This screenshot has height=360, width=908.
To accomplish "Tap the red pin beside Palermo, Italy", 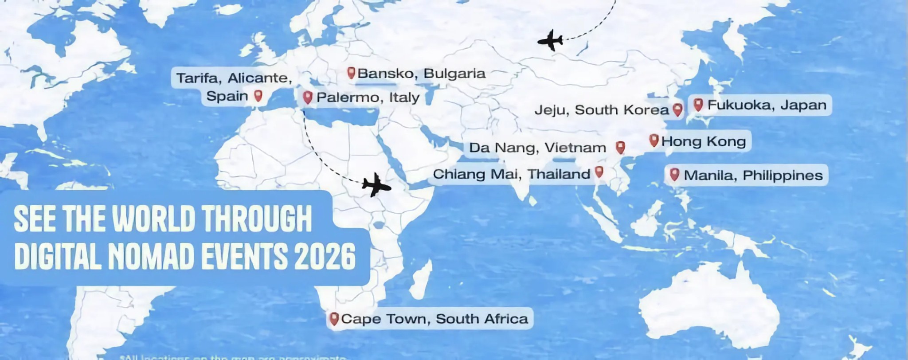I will point(308,97).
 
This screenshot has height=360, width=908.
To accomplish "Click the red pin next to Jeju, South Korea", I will point(677,109).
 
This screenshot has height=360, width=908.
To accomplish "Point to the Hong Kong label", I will point(703,141).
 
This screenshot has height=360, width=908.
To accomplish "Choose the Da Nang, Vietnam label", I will point(537,148).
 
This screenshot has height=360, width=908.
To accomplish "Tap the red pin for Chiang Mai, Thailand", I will point(599,172).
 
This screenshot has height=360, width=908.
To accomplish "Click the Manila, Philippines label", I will point(753,175).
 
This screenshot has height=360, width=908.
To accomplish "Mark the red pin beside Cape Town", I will point(334,318).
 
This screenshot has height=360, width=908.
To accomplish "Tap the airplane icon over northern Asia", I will point(550,40).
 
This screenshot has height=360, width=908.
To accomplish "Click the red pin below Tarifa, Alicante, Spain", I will point(258,95).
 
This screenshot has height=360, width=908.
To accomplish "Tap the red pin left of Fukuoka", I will point(698,105).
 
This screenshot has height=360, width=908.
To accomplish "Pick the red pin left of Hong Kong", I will point(654,140).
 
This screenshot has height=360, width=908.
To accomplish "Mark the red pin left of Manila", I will point(674,174).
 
